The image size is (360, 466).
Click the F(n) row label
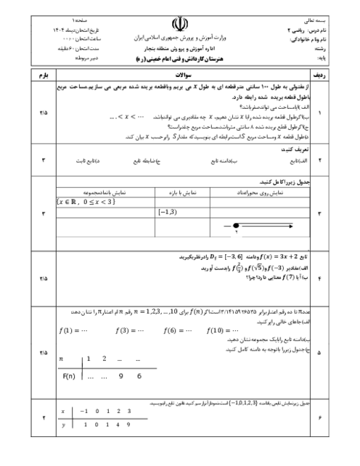coord(70,376)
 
